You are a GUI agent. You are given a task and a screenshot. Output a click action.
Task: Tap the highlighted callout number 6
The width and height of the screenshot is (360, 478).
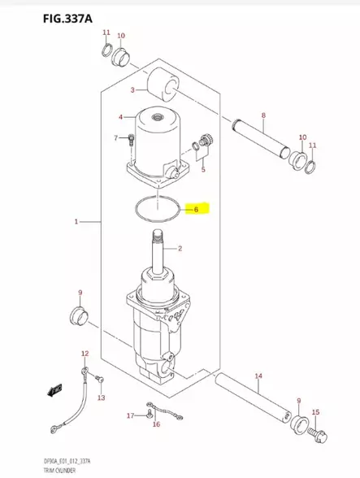[x=195, y=209]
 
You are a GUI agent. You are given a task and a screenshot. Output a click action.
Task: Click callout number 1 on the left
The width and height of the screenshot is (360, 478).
[x=76, y=221]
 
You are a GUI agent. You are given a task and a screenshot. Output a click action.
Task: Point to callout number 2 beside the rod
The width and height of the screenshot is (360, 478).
[x=180, y=248]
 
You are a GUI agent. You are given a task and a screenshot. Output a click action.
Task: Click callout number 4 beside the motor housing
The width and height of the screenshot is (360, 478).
[x=121, y=117]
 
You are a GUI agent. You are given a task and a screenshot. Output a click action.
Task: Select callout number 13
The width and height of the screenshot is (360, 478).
[x=100, y=398]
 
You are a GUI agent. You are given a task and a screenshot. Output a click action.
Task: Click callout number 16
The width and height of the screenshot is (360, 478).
[x=156, y=424]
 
